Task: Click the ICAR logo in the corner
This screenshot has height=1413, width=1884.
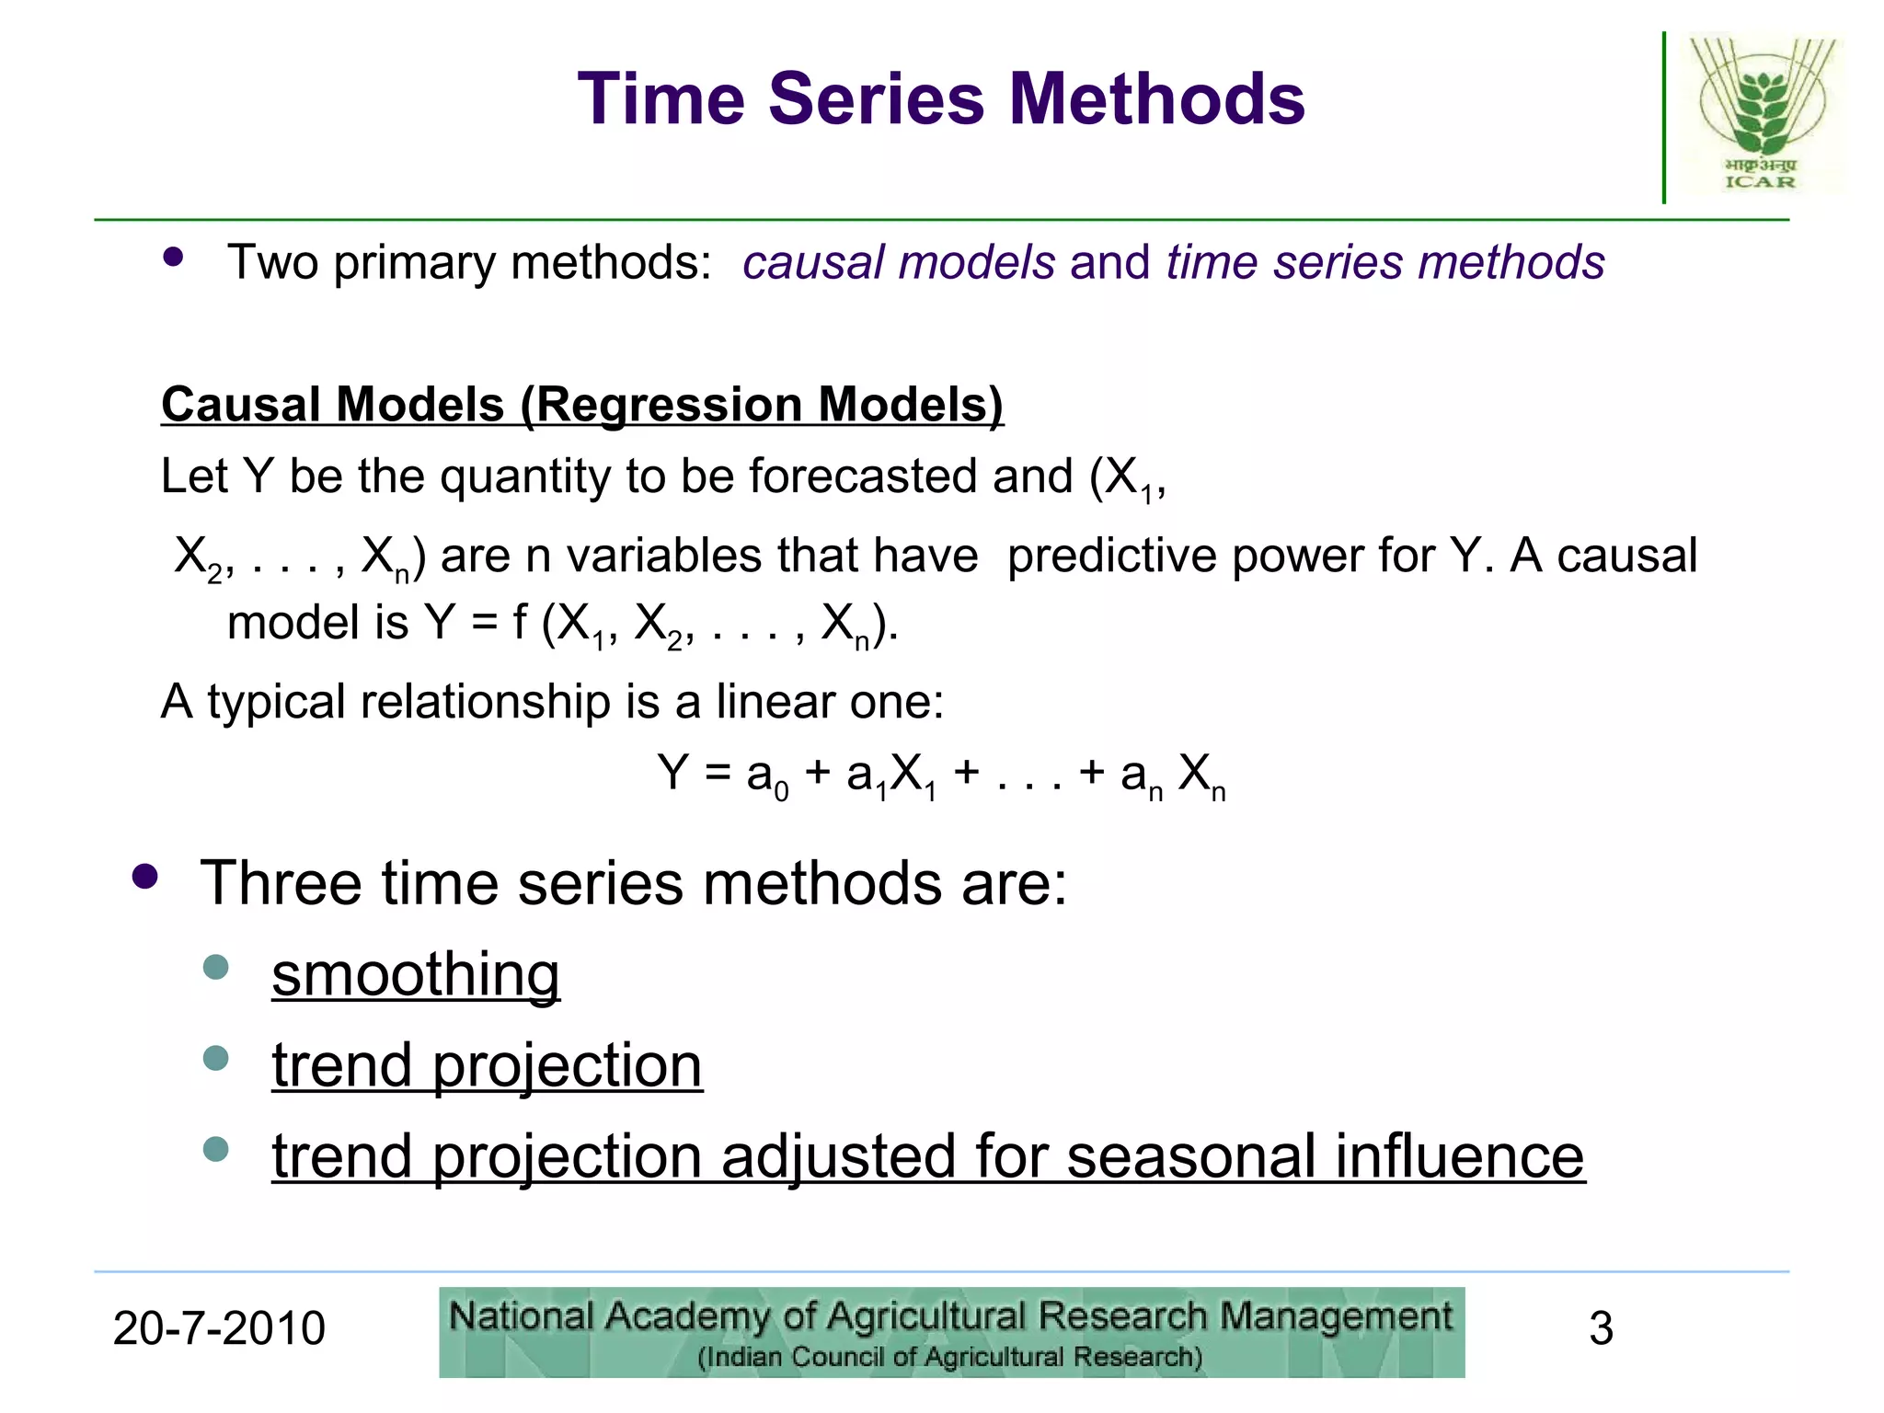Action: tap(1760, 114)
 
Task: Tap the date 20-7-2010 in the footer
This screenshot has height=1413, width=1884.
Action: tap(219, 1328)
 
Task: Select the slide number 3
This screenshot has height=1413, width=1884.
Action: tap(1601, 1328)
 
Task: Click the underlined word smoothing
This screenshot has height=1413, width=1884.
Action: tap(415, 974)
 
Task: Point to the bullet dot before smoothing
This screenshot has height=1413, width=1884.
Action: tap(215, 967)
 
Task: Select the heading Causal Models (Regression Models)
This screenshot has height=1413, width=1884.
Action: tap(581, 404)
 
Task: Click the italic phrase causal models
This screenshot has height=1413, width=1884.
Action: tap(898, 262)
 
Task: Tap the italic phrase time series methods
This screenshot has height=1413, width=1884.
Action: tap(1384, 262)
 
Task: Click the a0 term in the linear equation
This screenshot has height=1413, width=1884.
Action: tap(766, 775)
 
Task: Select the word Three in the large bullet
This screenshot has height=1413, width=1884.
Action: tap(281, 883)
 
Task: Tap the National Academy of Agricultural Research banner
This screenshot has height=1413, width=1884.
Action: tap(951, 1332)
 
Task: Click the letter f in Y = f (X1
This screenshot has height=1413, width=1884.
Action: tap(520, 623)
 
